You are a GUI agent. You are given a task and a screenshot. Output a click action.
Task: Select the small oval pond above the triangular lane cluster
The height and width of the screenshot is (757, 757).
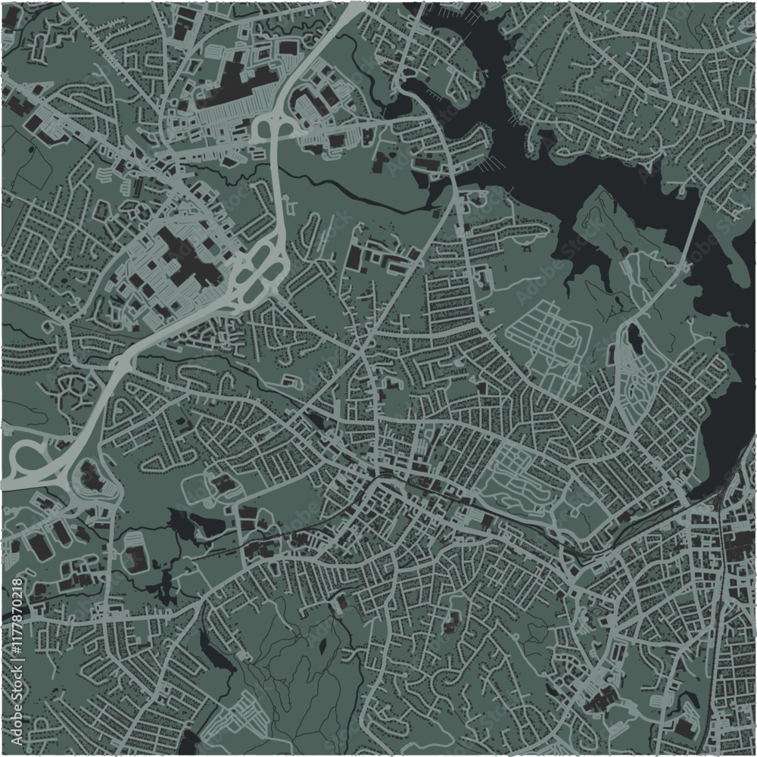634,338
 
